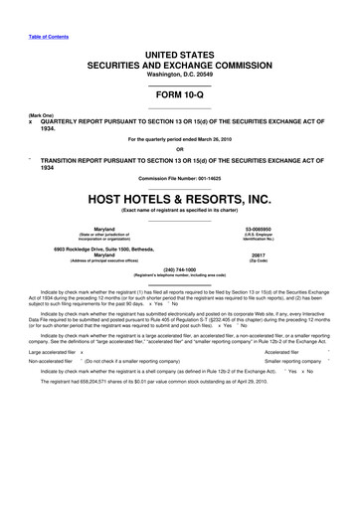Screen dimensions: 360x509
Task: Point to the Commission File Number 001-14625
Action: [180, 175]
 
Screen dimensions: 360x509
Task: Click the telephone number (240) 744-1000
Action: [180, 267]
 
